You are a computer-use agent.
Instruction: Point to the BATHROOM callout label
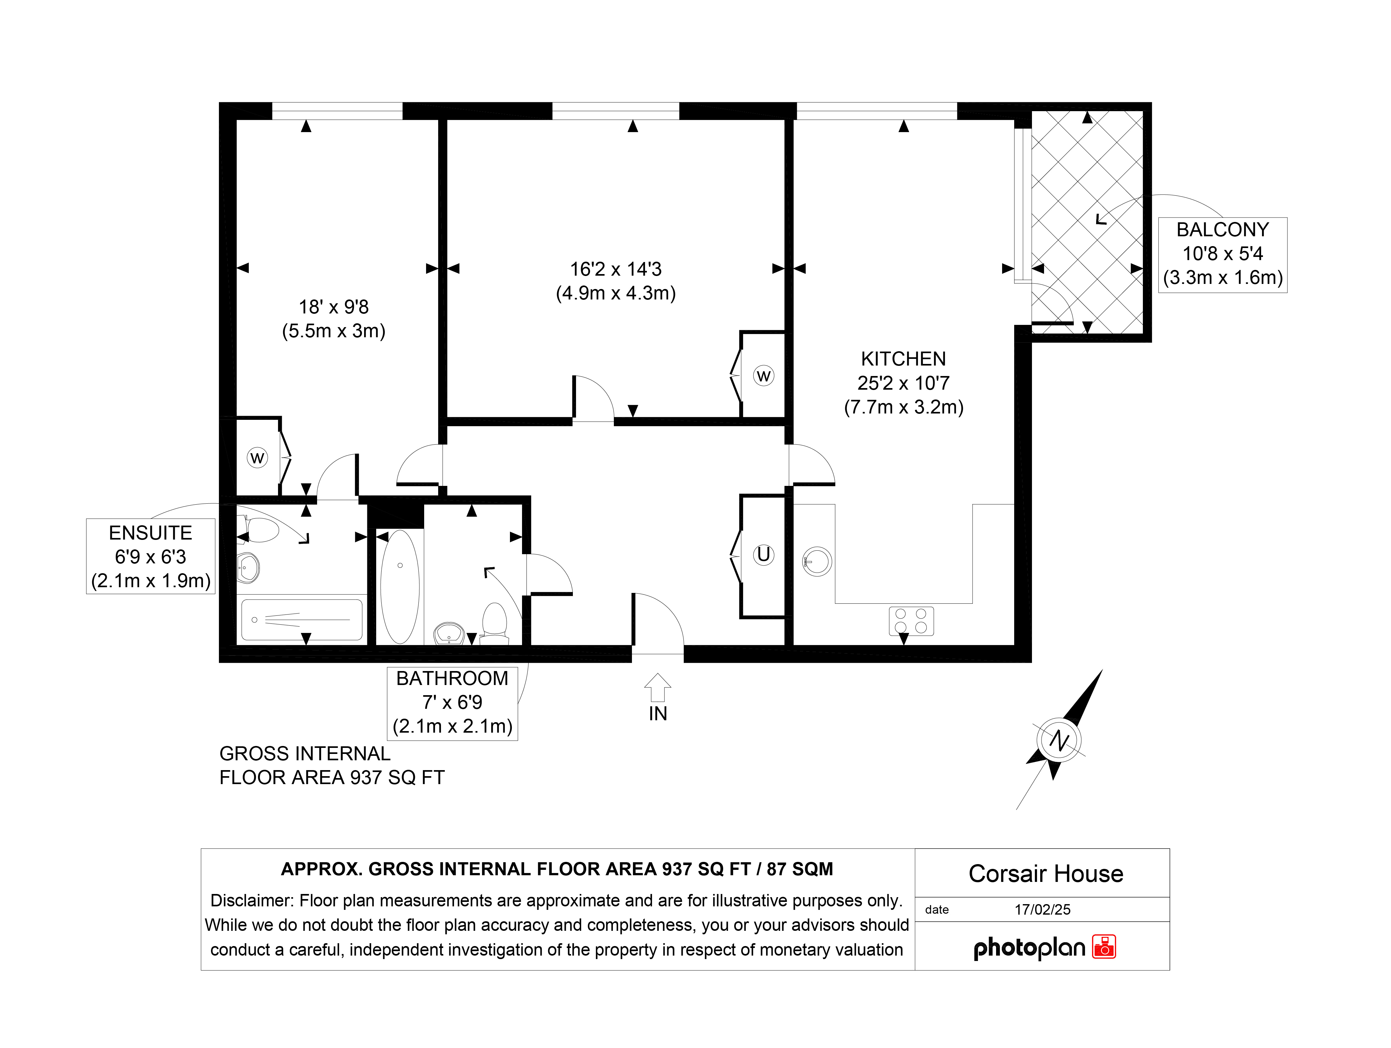point(452,703)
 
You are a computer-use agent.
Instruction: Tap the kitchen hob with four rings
point(911,621)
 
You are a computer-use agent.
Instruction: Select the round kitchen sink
point(817,561)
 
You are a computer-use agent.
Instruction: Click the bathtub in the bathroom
point(400,587)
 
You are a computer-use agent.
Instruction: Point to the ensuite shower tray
point(302,620)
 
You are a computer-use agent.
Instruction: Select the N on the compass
point(1060,741)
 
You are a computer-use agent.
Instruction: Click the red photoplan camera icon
point(1104,947)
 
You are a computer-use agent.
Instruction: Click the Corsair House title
point(1046,874)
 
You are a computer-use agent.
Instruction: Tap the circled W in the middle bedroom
point(763,376)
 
